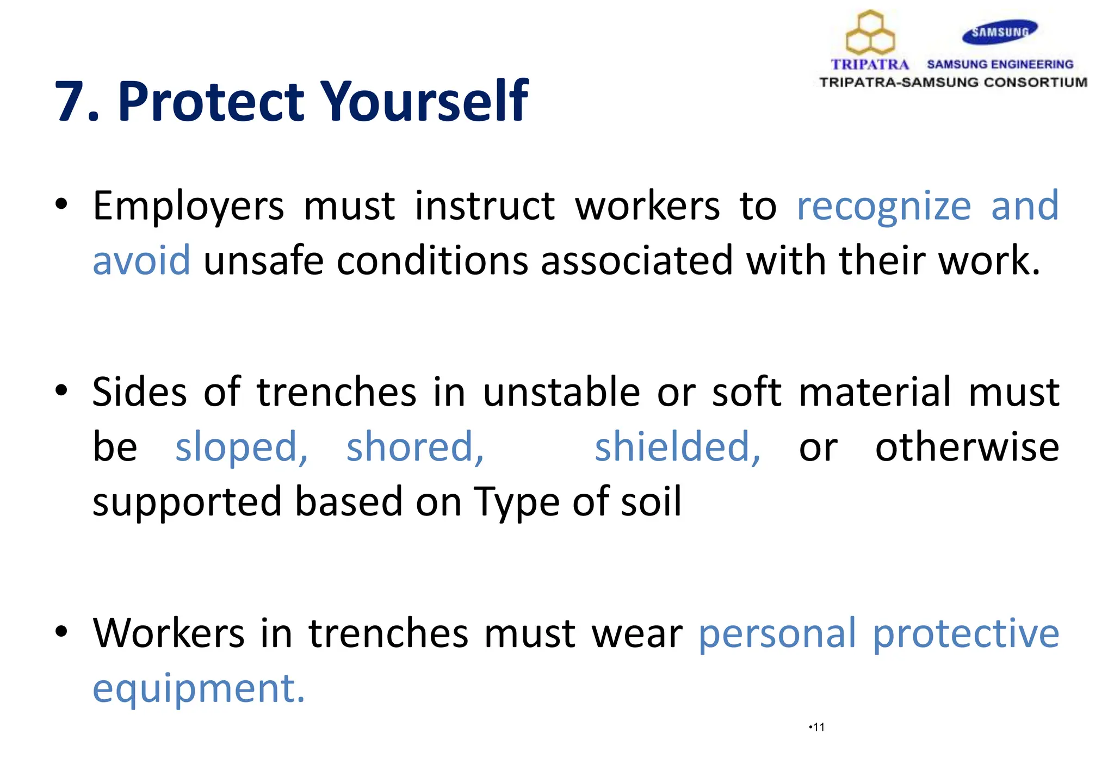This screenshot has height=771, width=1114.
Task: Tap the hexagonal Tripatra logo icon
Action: [870, 32]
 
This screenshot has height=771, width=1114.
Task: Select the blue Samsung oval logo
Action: [1000, 32]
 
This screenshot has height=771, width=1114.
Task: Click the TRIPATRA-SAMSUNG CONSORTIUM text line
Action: [953, 83]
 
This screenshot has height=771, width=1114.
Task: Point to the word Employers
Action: [188, 207]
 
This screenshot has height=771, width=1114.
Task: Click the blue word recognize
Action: [883, 207]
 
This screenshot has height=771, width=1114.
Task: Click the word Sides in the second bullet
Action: [139, 392]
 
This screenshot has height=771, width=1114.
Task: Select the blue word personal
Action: [777, 633]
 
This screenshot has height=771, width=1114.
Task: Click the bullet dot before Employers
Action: [61, 205]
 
